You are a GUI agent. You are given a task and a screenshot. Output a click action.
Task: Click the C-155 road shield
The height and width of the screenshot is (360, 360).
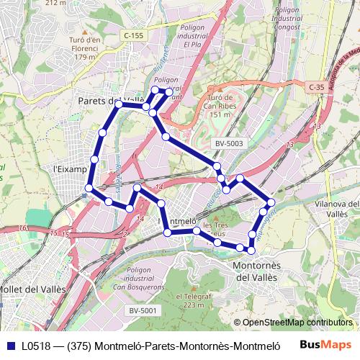(133, 35)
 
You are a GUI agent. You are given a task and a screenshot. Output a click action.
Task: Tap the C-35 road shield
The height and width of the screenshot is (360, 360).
(317, 87)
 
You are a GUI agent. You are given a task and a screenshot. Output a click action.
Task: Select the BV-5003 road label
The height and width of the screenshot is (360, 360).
(229, 143)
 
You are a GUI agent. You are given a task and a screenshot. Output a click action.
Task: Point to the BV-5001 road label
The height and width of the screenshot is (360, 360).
(143, 310)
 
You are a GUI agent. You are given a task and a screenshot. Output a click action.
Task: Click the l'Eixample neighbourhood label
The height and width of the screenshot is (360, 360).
(71, 169)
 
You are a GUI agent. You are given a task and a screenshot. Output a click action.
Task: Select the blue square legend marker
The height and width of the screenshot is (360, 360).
(9, 345)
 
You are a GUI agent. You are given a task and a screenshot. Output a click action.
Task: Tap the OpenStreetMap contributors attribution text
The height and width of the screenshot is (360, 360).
(299, 323)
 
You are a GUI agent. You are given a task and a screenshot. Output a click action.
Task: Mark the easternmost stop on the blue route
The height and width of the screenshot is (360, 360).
(271, 202)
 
